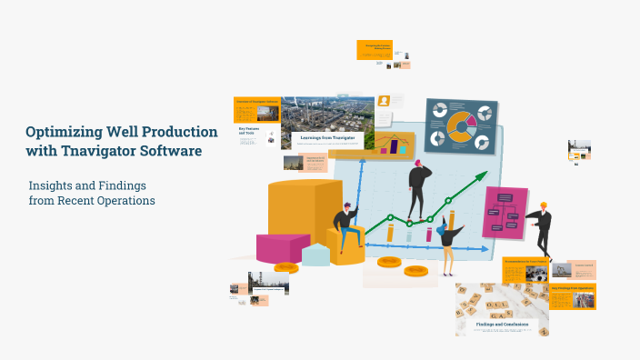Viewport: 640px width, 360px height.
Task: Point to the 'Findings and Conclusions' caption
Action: [x=502, y=323]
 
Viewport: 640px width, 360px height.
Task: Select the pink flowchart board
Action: [x=505, y=212]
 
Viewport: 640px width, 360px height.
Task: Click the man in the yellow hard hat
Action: [x=541, y=228]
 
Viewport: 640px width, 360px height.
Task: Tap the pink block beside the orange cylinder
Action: [x=283, y=246]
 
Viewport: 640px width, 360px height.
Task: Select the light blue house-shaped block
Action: [x=315, y=254]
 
